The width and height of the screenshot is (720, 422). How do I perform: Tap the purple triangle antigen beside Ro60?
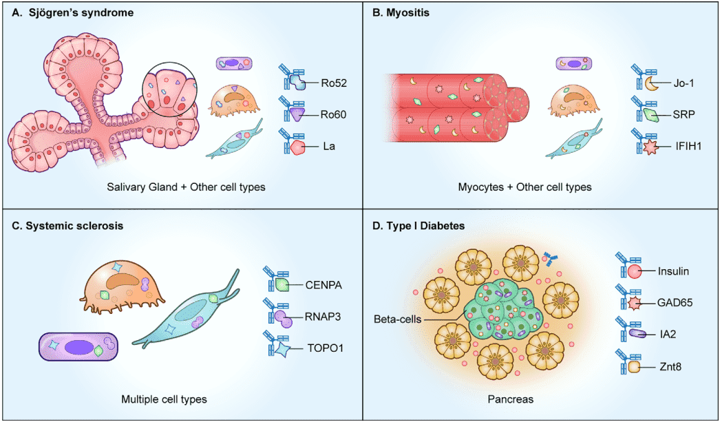click(298, 114)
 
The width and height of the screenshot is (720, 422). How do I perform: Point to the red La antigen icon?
click(297, 146)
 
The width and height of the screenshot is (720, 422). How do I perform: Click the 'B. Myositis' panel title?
click(396, 13)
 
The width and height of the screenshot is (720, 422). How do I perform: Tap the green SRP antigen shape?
click(648, 114)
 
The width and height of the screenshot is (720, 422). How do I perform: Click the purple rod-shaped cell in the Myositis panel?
click(575, 65)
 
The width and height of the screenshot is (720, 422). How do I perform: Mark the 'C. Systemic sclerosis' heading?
click(65, 225)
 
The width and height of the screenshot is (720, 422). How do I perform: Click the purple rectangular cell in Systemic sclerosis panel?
click(76, 348)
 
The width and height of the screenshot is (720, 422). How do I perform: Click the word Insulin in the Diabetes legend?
click(673, 271)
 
